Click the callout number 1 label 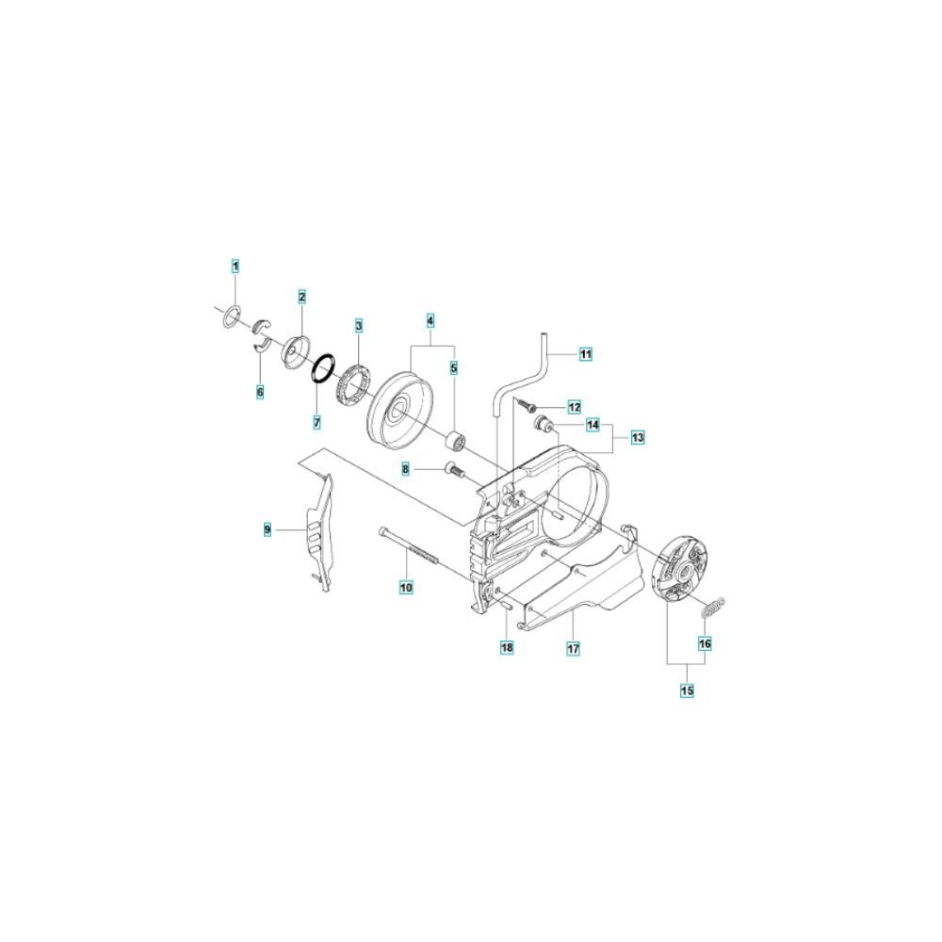pyautogui.click(x=235, y=266)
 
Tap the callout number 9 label pyautogui.click(x=268, y=529)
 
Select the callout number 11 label pyautogui.click(x=586, y=354)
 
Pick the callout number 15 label pyautogui.click(x=687, y=690)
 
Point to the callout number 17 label pyautogui.click(x=573, y=648)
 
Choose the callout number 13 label pyautogui.click(x=638, y=437)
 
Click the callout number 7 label pyautogui.click(x=317, y=422)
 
